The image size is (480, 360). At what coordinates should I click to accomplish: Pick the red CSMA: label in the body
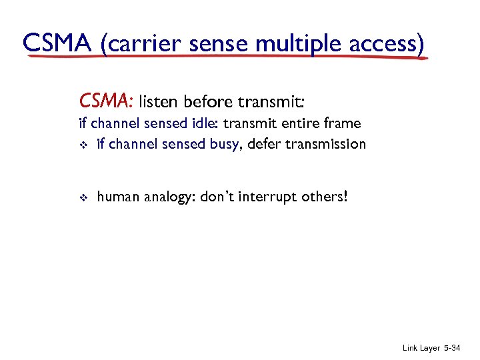coord(107,101)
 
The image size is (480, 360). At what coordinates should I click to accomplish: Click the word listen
coord(159,101)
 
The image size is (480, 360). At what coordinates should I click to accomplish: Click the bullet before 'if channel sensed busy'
coord(83,144)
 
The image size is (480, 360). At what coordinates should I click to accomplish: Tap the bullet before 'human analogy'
coord(83,198)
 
